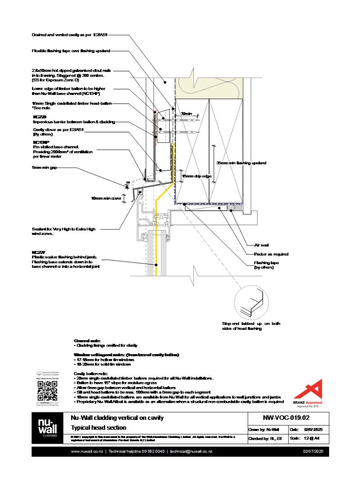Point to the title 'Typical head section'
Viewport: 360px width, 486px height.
pos(99,427)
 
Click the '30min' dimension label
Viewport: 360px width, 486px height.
pos(186,114)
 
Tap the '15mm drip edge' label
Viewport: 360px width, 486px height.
pos(197,176)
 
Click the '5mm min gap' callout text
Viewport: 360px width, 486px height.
pos(45,167)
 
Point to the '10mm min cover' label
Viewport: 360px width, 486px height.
pos(106,198)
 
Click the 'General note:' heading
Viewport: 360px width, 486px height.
pos(87,341)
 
